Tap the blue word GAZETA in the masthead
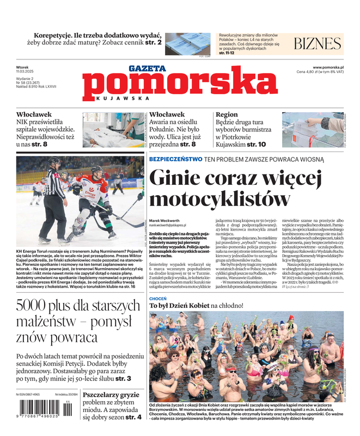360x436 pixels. point(147,69)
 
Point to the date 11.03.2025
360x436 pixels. point(26,72)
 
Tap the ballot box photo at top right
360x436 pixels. point(313,130)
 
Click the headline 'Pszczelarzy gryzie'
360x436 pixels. point(112,394)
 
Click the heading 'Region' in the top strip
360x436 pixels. point(227,114)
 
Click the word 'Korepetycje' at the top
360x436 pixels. point(60,34)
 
